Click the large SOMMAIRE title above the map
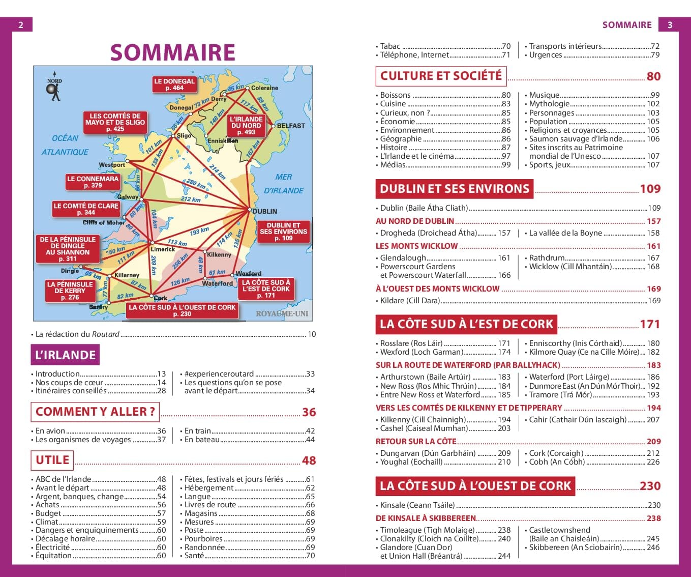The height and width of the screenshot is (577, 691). tap(173, 52)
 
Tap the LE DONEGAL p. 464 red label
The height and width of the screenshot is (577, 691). tap(174, 84)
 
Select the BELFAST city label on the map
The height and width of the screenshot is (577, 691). tap(291, 126)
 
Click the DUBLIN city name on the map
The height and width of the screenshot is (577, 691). tap(265, 211)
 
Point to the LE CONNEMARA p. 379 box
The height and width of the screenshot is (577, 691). tap(93, 182)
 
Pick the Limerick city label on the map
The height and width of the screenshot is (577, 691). tap(163, 249)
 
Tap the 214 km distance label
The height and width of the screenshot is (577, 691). tap(217, 172)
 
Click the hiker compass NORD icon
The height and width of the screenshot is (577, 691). tap(54, 90)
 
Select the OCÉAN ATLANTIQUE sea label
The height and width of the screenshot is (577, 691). tap(65, 145)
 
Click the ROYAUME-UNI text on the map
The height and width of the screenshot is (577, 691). tap(282, 313)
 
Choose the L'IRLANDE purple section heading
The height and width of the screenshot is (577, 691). tap(65, 355)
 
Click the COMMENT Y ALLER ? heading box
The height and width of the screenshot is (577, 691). tap(95, 412)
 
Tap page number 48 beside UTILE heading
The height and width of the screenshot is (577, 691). tap(309, 460)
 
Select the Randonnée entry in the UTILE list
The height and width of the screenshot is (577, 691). tap(204, 547)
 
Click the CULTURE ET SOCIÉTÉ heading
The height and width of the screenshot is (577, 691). tap(441, 76)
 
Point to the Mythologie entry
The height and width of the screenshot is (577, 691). tap(549, 103)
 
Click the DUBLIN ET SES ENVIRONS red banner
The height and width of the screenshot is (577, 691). tap(455, 189)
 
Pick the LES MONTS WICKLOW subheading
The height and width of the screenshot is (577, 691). tap(416, 246)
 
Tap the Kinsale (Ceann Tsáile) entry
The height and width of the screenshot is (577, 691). tap(417, 505)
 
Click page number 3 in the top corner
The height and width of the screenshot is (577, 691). tap(670, 24)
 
